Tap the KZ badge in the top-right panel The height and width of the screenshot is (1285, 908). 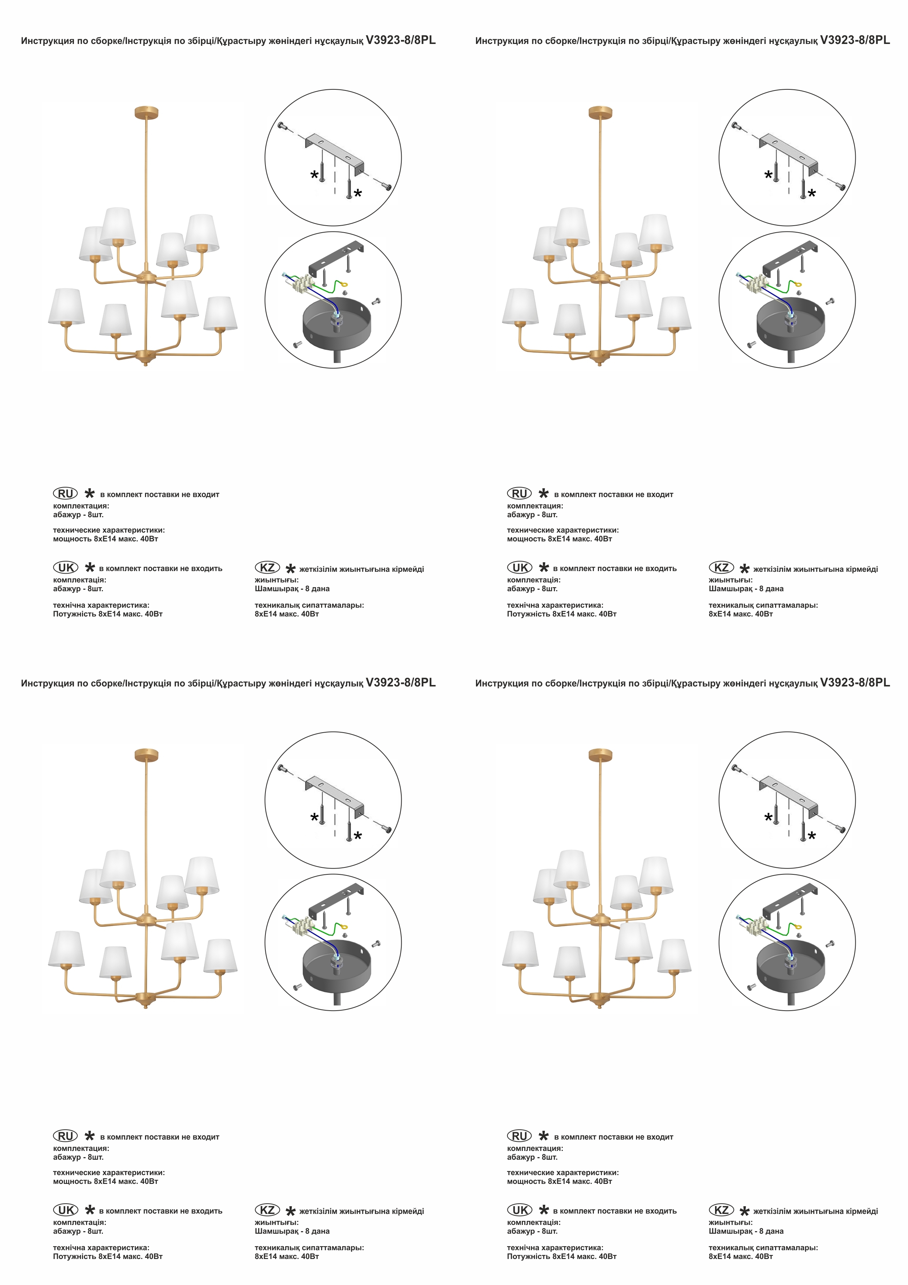pyautogui.click(x=721, y=567)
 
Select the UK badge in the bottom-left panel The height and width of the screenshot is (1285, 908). pyautogui.click(x=66, y=1210)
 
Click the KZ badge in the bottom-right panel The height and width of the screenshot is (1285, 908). pyautogui.click(x=721, y=1210)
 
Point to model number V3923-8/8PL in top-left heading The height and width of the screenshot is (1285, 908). pyautogui.click(x=401, y=40)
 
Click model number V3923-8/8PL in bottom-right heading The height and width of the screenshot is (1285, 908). pyautogui.click(x=855, y=683)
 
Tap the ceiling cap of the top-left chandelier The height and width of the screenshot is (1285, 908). pyautogui.click(x=146, y=112)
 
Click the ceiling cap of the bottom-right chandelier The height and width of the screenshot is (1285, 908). pyautogui.click(x=600, y=755)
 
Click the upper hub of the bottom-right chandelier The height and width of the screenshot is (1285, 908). pyautogui.click(x=600, y=919)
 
